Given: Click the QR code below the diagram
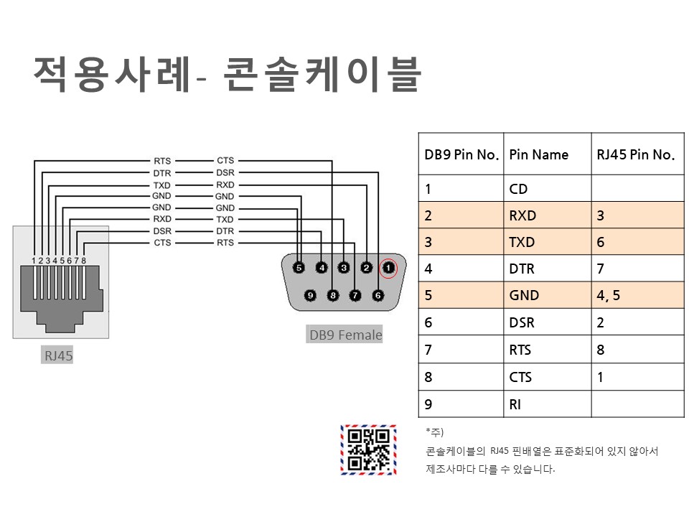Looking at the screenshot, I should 368,450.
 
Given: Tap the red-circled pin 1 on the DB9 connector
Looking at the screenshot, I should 388,268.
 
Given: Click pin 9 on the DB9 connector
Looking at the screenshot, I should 311,294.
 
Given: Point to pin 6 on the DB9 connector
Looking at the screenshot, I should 378,294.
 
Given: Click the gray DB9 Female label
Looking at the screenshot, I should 345,335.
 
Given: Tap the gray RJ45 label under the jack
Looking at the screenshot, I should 59,355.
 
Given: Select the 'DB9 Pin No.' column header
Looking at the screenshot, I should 461,154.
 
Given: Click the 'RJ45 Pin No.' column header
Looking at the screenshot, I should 635,154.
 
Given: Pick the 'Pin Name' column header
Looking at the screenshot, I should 538,154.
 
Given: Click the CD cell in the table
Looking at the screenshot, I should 518,189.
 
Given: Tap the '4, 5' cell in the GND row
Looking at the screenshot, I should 608,295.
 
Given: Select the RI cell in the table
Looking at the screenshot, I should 515,404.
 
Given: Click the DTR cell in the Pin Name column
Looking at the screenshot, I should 522,269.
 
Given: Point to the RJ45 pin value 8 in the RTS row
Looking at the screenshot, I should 601,350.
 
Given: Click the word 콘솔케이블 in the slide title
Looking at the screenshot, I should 321,75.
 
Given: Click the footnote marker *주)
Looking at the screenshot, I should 435,432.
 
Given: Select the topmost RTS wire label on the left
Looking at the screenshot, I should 162,162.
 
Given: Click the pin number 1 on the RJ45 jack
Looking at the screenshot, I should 33,261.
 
